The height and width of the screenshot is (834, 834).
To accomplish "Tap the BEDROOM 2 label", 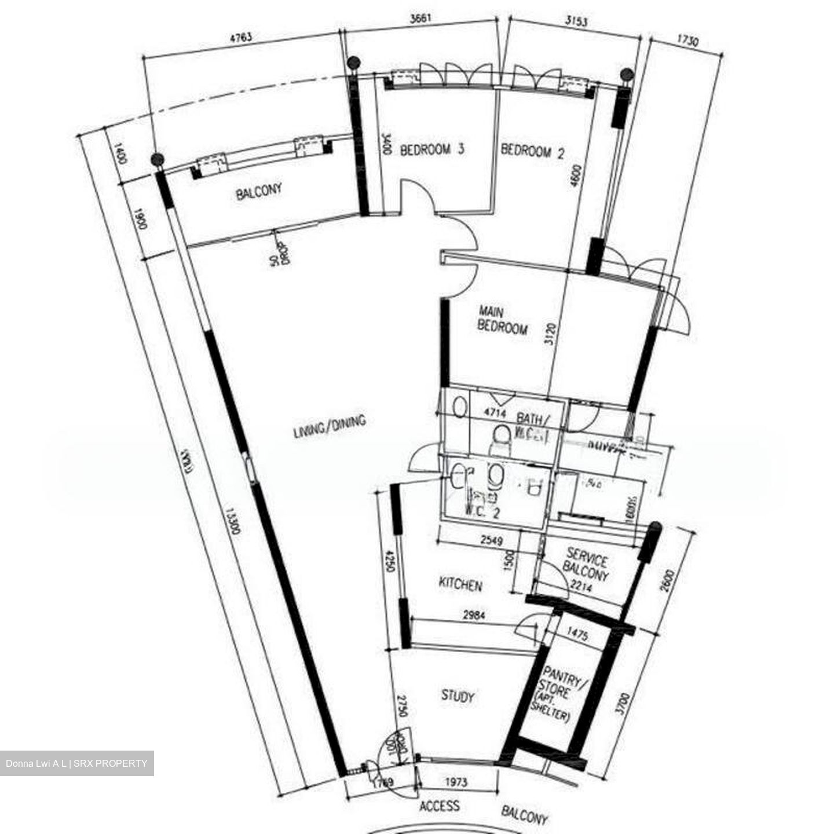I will (x=532, y=152).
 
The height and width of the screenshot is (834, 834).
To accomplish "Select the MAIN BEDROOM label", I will (x=502, y=320).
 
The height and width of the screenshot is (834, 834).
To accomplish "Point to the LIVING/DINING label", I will (x=330, y=426).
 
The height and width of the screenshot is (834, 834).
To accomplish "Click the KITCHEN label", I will (x=460, y=585).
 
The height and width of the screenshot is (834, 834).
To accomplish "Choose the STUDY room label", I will (x=458, y=696).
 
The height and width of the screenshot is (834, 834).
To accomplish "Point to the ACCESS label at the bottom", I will (x=440, y=806).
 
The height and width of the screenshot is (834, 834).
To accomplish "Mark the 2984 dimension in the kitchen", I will (x=470, y=615).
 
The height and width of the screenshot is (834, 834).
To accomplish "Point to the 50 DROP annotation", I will (x=279, y=250).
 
